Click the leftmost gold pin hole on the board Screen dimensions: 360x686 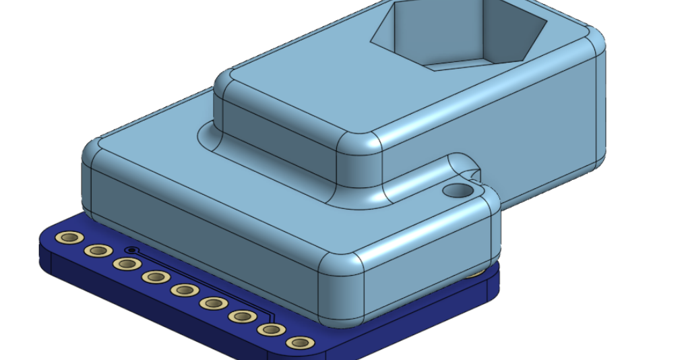(69, 237)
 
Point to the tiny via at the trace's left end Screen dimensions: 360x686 (131, 250)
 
